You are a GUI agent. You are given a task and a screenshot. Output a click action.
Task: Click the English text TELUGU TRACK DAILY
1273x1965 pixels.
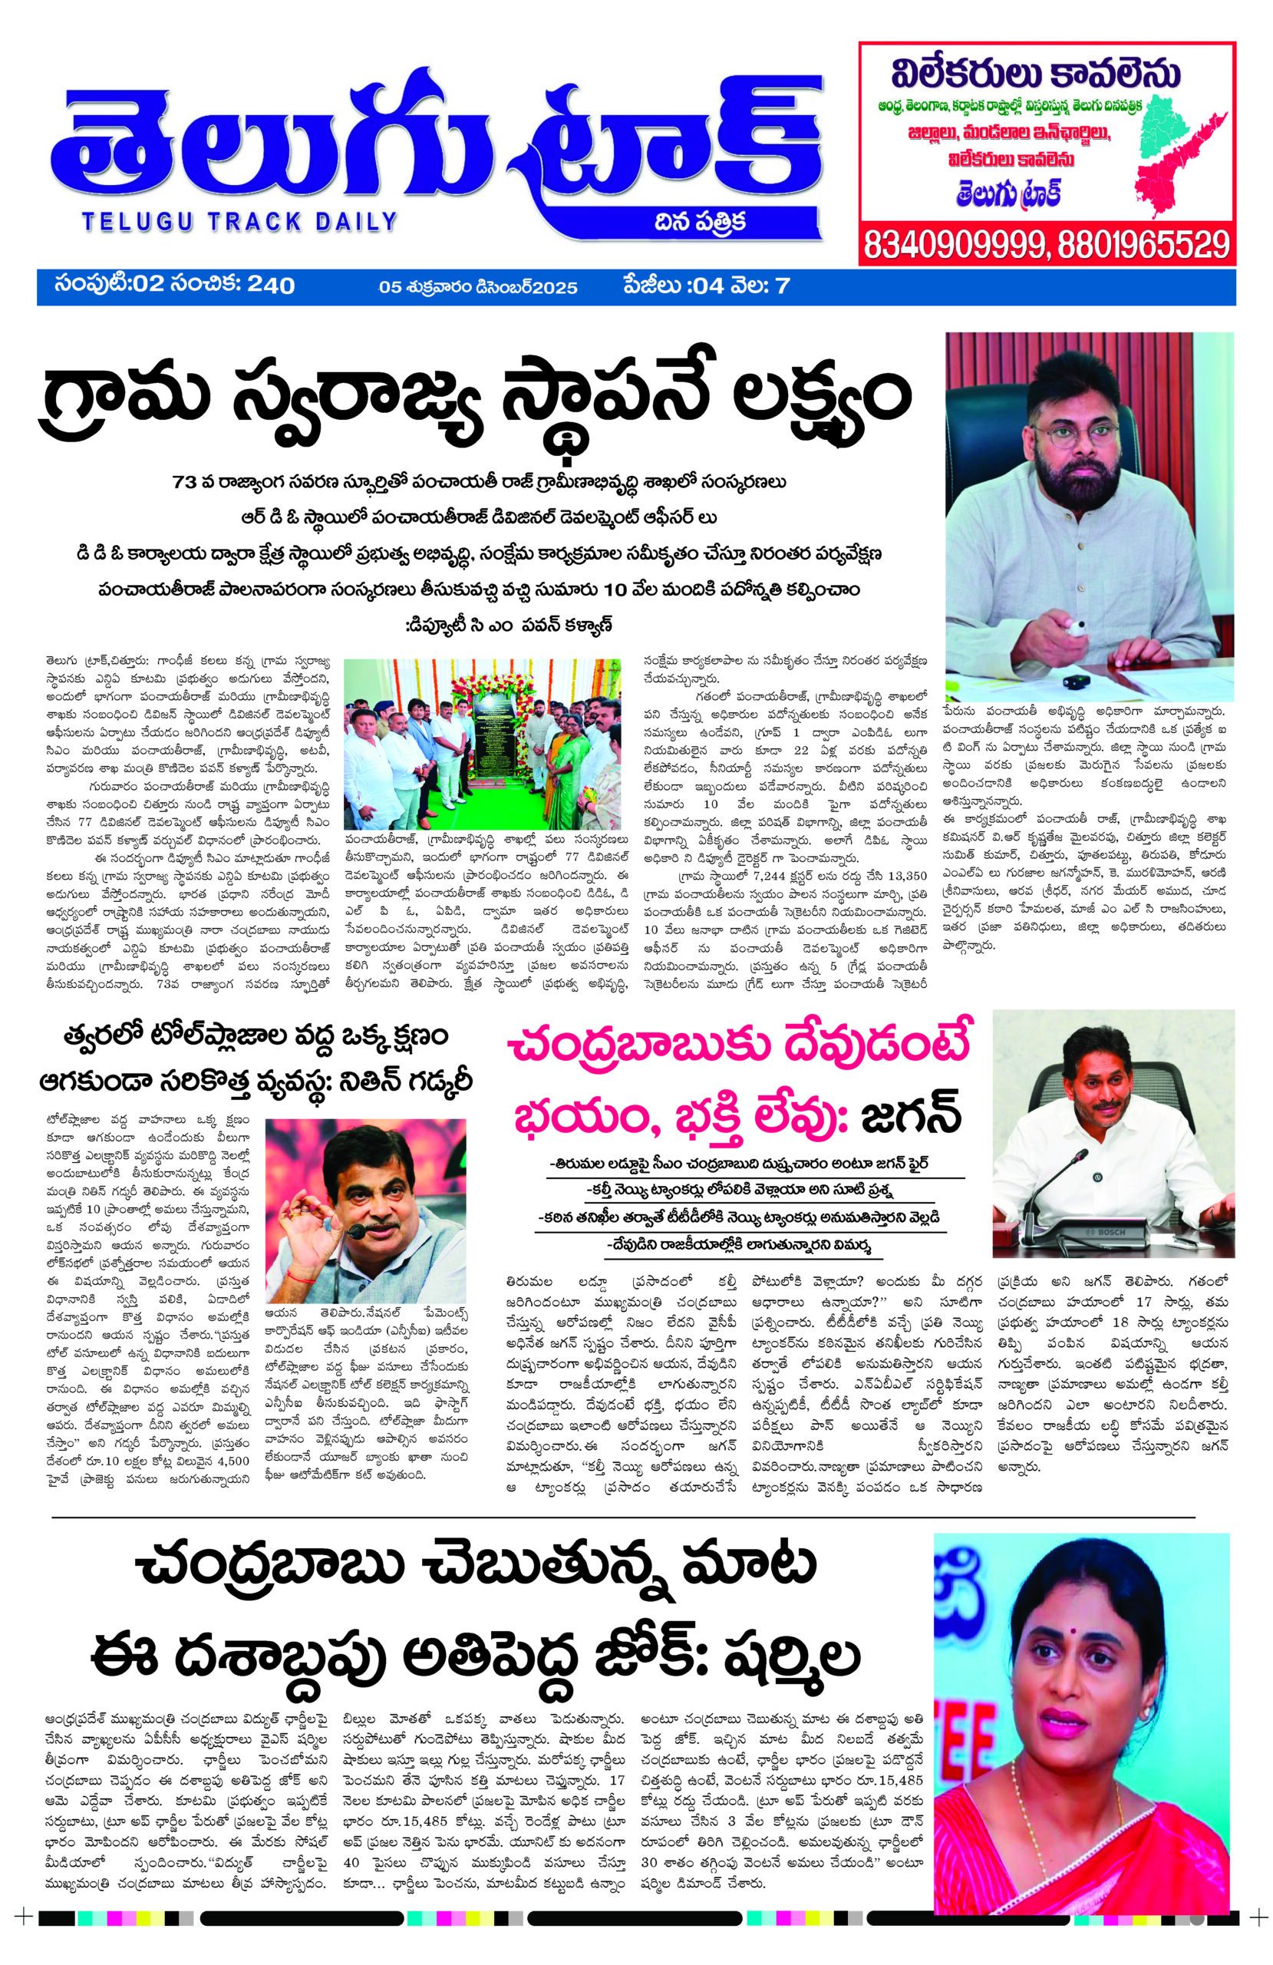(239, 221)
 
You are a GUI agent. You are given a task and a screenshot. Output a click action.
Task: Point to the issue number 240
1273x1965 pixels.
(271, 286)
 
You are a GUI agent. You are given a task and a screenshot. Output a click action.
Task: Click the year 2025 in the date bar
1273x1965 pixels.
(555, 287)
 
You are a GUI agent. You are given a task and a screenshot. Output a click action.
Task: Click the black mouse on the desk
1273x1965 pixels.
(1075, 681)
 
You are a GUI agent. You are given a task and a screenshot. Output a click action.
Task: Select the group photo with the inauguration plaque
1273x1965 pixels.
(481, 743)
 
